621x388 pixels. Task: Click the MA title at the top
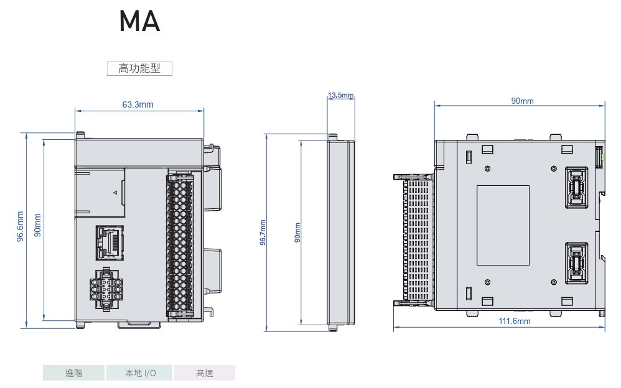[x=140, y=22]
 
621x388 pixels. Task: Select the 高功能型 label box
[x=139, y=68]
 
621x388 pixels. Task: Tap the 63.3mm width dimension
[x=138, y=104]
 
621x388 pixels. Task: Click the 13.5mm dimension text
[x=341, y=95]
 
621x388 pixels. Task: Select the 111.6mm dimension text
[x=515, y=321]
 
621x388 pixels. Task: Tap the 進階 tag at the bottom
[x=73, y=373]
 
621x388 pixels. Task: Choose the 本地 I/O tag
[x=139, y=373]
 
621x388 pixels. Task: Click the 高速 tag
[x=205, y=373]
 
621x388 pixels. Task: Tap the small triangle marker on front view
[x=114, y=193]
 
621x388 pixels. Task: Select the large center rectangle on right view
[x=503, y=225]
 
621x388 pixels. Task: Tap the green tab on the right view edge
[x=602, y=159]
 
